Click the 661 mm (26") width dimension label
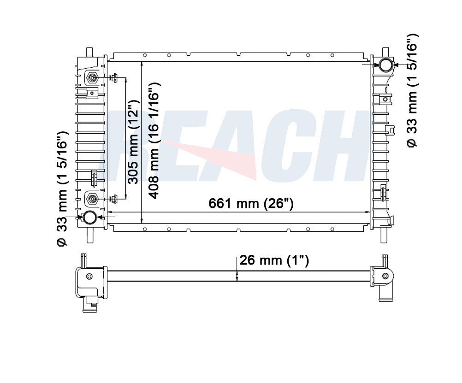coord(251,203)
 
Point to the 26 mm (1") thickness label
coord(274,260)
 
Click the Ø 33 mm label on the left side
coord(62,189)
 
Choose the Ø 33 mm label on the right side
coord(412,91)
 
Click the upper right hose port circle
coord(385,65)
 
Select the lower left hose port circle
coord(89,218)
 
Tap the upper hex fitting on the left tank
coord(93,78)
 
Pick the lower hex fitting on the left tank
coord(93,199)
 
